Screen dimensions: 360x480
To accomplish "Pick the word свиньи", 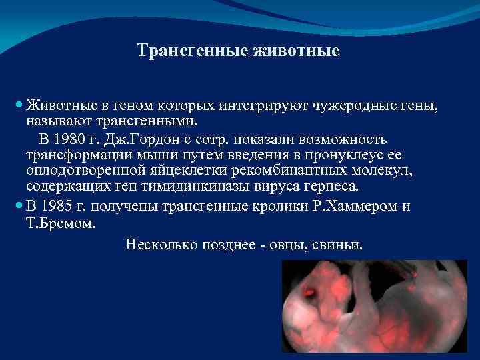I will (x=341, y=245).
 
